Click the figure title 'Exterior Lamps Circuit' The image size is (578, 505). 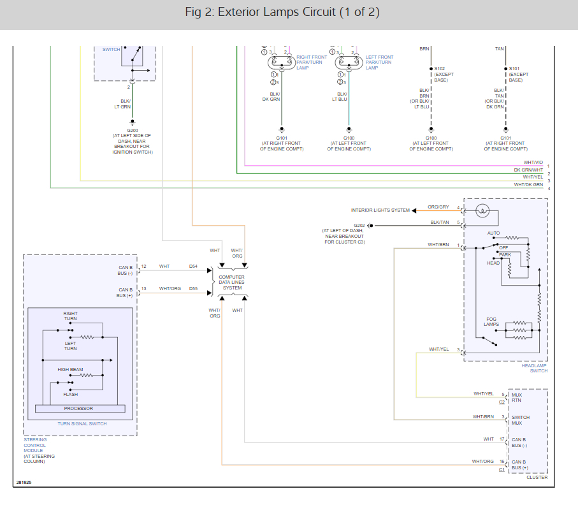tap(277, 12)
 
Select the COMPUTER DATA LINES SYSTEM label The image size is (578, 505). tap(232, 282)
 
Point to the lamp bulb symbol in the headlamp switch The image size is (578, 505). tap(482, 211)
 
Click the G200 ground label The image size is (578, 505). tap(133, 130)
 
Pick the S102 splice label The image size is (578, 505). tap(440, 69)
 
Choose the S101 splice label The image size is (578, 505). tap(514, 69)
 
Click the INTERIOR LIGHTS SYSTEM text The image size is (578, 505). tap(380, 210)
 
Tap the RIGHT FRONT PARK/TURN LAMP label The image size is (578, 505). tap(312, 62)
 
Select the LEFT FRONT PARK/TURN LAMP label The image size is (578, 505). tap(379, 62)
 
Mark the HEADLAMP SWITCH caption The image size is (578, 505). tap(535, 368)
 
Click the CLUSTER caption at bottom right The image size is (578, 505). tap(537, 478)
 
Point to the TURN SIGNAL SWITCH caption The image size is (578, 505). tap(82, 424)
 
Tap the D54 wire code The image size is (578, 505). tap(193, 267)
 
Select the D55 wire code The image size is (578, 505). tap(193, 288)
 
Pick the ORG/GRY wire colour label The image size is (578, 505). tap(438, 207)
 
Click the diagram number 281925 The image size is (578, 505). tap(24, 483)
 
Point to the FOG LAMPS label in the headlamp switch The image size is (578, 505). tap(491, 321)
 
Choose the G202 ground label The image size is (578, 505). tap(359, 225)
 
